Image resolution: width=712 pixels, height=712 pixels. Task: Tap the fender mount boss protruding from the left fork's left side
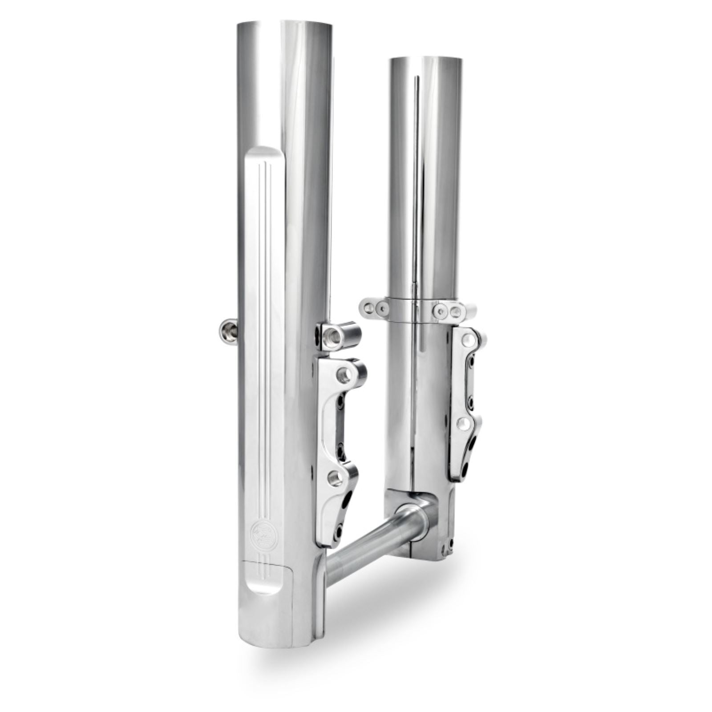[228, 332]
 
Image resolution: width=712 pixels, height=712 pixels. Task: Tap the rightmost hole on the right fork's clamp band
[455, 311]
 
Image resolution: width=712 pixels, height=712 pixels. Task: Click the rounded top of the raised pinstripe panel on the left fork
[264, 153]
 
